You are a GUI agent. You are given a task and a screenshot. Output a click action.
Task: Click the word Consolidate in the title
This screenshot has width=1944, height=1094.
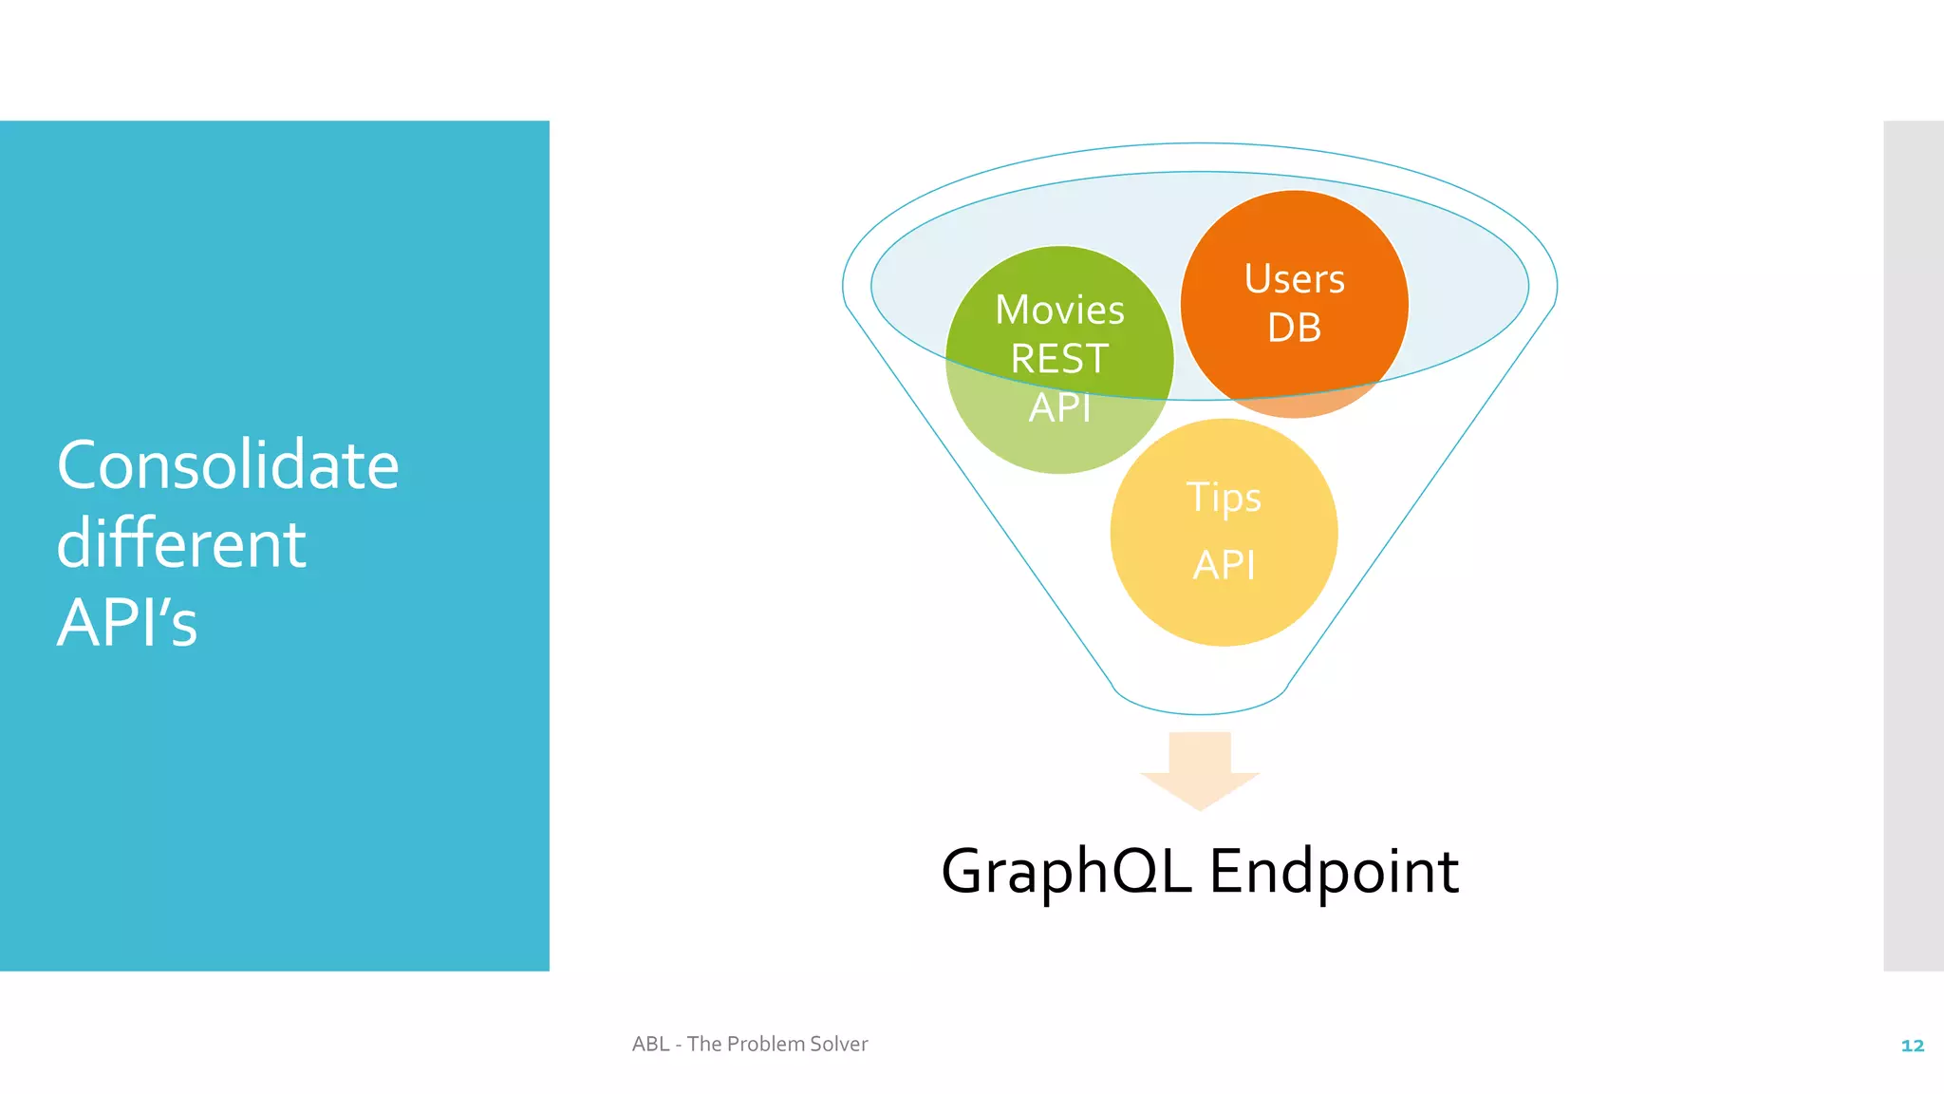228,465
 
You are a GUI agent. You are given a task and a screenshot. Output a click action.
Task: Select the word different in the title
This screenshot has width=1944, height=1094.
181,544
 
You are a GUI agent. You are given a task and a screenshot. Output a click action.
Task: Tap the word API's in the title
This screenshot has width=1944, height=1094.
127,623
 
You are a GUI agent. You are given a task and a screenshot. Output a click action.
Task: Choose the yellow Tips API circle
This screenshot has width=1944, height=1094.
1224,608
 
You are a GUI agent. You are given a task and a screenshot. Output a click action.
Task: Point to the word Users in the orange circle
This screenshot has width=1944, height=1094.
1294,279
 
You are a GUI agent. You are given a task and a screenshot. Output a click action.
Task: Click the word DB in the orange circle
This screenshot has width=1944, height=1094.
1294,328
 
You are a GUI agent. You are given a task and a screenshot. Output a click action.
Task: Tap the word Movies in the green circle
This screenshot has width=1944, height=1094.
1059,311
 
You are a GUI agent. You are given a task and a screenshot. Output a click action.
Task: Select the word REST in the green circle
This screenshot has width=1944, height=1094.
1059,359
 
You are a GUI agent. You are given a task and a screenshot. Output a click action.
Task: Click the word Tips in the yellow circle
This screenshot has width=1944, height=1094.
1224,498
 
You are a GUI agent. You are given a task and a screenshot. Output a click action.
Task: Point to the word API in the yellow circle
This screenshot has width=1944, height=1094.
1224,565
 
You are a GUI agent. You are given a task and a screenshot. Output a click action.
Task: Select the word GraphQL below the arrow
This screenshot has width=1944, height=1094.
1066,871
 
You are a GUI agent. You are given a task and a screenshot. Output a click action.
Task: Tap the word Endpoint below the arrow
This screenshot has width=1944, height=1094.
1334,871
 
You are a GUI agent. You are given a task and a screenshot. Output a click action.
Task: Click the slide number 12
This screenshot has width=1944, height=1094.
1912,1046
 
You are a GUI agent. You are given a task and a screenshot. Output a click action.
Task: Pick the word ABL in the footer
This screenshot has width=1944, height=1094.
650,1044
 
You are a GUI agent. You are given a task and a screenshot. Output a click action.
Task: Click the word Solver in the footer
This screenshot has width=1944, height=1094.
838,1044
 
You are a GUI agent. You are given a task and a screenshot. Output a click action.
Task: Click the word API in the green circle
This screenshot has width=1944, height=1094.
1059,408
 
